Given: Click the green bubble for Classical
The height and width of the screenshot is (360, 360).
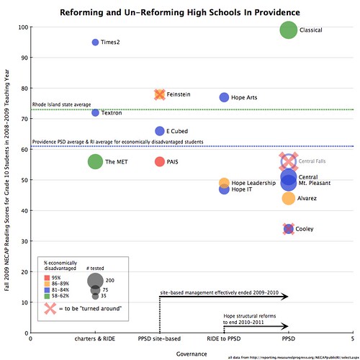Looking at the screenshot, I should (x=288, y=30).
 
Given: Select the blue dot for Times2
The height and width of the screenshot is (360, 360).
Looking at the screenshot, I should (x=94, y=42).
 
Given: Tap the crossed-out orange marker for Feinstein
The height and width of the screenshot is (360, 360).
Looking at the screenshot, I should (x=160, y=94).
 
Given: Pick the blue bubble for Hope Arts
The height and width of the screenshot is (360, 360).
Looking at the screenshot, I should (x=224, y=97).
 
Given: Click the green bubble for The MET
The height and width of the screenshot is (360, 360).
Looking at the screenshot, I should (x=95, y=161).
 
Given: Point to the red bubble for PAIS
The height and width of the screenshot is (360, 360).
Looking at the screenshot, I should (x=160, y=161).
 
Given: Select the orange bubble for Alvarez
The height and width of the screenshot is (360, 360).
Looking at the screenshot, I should (x=288, y=198).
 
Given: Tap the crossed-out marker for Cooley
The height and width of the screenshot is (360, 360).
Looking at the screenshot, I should (x=288, y=229).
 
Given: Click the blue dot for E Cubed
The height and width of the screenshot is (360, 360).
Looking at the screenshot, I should (x=160, y=131).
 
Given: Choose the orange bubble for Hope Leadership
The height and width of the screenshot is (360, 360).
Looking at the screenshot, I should (x=224, y=183).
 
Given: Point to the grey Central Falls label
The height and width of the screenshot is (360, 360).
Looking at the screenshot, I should (x=315, y=162).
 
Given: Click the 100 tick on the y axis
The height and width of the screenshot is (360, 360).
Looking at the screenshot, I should (x=22, y=27).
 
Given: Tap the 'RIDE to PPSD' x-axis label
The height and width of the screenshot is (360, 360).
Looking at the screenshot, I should (x=223, y=338).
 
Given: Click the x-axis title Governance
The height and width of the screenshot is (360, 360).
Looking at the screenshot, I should (x=190, y=354).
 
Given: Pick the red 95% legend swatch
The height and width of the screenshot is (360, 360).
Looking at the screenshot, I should (x=46, y=277).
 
